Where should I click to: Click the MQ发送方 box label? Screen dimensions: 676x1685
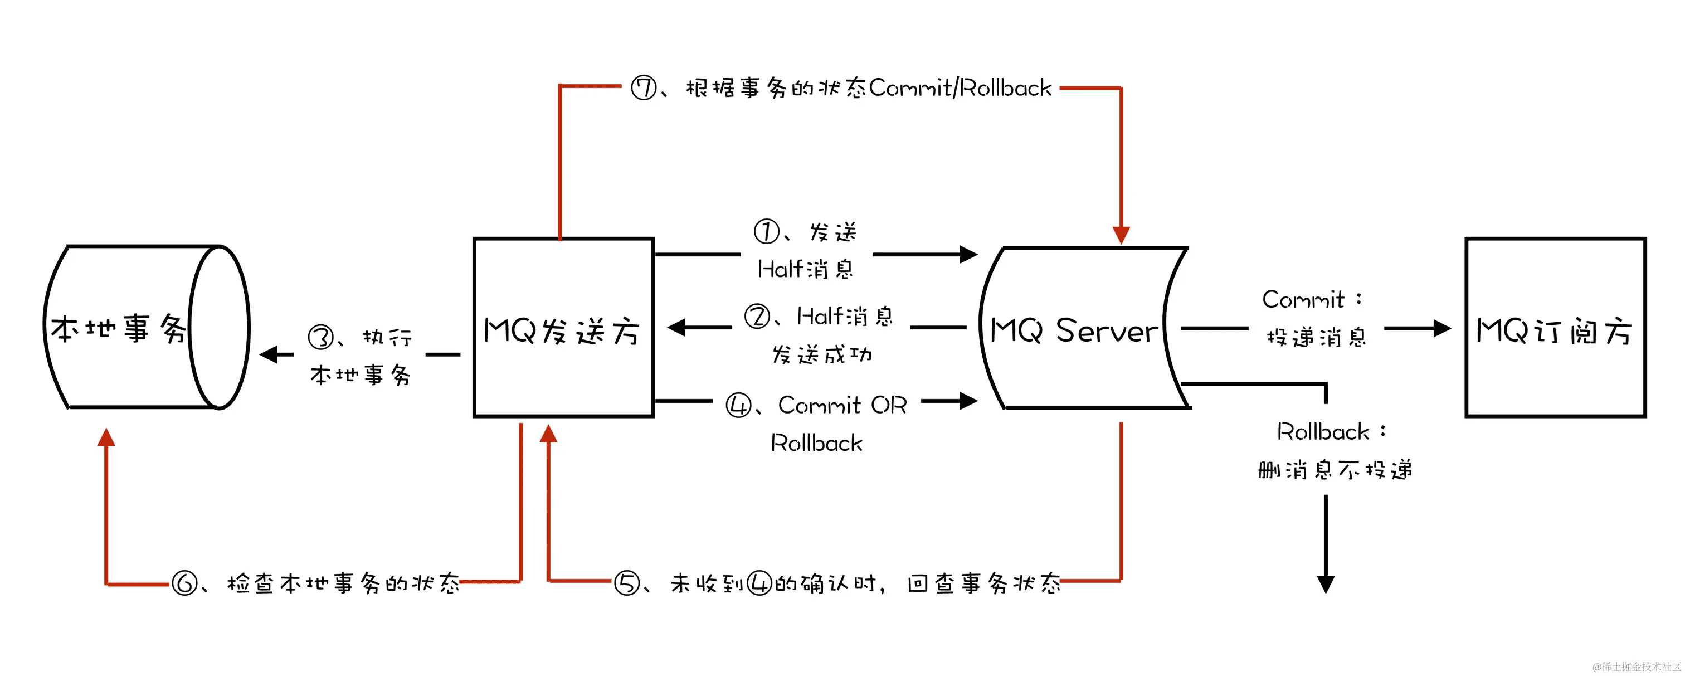(x=561, y=330)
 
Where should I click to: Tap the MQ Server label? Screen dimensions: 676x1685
(x=1073, y=330)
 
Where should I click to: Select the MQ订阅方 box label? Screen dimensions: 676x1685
(x=1554, y=330)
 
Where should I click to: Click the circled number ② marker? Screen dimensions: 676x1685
(x=757, y=317)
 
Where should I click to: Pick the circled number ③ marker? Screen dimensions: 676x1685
(x=321, y=338)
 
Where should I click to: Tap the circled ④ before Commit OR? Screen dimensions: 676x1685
(x=738, y=406)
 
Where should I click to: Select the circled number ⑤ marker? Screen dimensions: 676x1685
(x=626, y=582)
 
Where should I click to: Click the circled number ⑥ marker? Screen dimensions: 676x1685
(x=184, y=582)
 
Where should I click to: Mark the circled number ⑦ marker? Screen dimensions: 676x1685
(x=644, y=87)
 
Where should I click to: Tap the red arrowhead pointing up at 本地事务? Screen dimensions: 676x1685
(x=106, y=437)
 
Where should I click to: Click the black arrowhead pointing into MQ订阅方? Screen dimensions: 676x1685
(x=1441, y=328)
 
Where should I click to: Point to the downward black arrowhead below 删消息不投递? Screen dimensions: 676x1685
(x=1326, y=583)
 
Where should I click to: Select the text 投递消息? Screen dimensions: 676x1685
(x=1316, y=338)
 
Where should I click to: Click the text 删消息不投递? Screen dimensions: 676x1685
(x=1335, y=470)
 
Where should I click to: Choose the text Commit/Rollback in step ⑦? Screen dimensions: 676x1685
(x=960, y=87)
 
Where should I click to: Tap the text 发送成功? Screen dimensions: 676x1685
(x=821, y=354)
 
